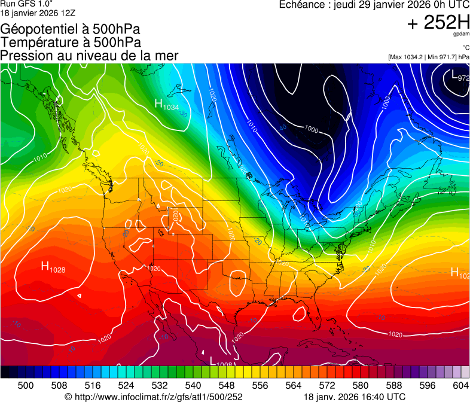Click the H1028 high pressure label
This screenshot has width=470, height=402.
point(53,267)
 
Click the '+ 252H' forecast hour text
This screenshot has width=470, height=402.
point(438,23)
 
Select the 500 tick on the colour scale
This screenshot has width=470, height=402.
point(26,384)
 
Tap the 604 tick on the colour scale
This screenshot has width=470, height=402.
point(461,384)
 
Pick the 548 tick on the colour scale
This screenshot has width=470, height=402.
point(243,384)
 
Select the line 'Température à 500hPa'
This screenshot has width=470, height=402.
point(71,42)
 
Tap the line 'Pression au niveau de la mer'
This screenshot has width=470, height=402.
point(89,55)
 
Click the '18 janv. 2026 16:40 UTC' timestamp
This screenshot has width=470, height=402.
point(355,396)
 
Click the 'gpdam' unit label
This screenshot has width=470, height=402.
point(461,35)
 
